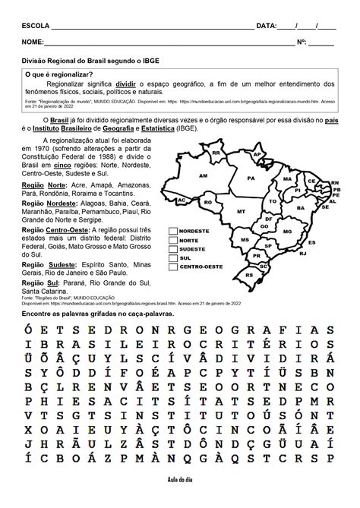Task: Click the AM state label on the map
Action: coord(203,175)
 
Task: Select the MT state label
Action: coord(241,211)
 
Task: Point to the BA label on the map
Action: coord(301,207)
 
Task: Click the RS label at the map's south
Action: coord(250,274)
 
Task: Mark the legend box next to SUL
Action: coord(172,258)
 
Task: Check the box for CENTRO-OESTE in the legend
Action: coord(172,267)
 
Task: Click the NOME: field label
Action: coord(33,43)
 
